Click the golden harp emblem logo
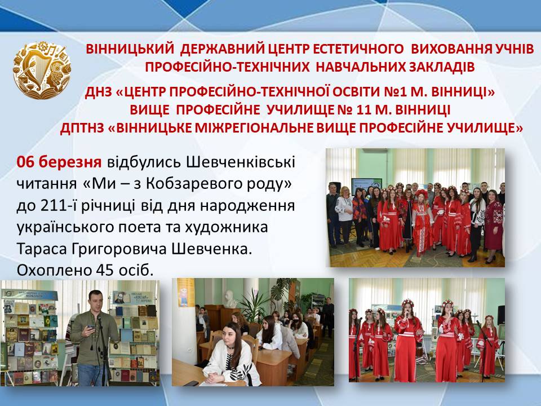(42, 70)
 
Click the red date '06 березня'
(59, 162)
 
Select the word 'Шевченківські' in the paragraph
(241, 162)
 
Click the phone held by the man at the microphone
(91, 326)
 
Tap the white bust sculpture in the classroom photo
(229, 299)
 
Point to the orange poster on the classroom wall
(186, 293)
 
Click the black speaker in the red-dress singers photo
(501, 315)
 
